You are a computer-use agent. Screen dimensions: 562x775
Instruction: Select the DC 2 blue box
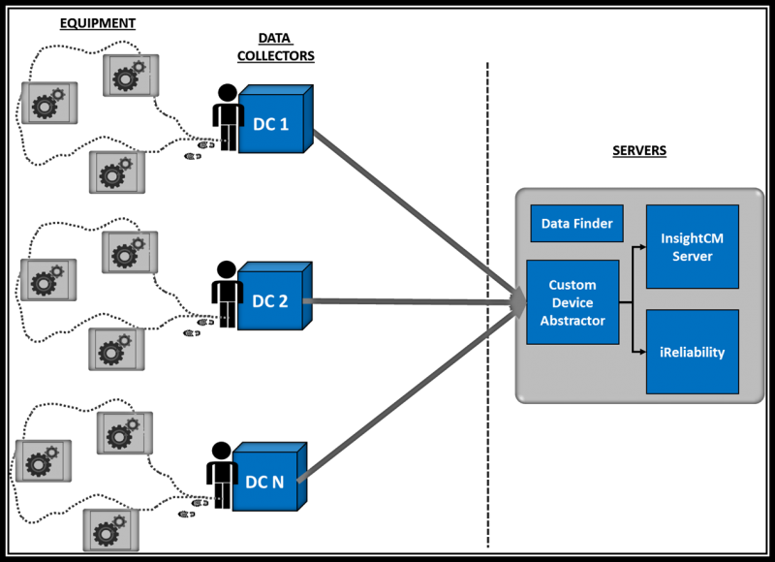tap(273, 301)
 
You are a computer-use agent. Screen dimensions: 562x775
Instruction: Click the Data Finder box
tap(576, 224)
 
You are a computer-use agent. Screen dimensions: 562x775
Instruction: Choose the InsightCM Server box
tap(692, 246)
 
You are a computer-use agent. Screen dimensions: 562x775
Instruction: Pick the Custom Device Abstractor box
tap(573, 302)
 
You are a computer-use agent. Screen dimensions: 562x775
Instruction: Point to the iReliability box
tap(692, 352)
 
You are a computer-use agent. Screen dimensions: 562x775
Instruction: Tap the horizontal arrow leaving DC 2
tap(407, 302)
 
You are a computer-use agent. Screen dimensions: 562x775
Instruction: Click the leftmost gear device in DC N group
tap(41, 462)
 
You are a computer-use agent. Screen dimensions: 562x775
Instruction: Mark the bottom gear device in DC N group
tap(109, 529)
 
